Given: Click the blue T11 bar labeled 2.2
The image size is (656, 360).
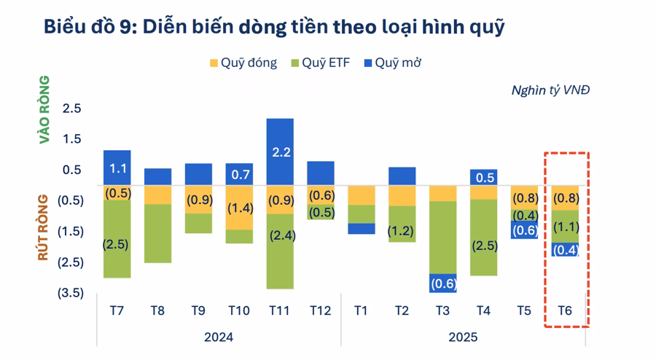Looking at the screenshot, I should [x=280, y=152].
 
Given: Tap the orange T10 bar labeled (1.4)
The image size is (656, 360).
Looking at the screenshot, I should [x=239, y=208].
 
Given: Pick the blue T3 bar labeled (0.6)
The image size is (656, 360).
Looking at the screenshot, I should [x=443, y=283].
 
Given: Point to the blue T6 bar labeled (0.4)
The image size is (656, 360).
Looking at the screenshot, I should [x=565, y=249].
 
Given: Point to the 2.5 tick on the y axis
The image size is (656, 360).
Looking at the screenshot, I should [x=71, y=109].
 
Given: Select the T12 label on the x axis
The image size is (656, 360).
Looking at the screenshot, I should [x=320, y=310].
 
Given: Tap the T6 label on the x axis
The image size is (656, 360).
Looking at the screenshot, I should [x=565, y=310].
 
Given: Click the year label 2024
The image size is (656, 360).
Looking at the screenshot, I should [x=219, y=337].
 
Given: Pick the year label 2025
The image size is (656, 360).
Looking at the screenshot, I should [x=464, y=337].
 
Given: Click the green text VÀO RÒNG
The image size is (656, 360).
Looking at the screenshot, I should [x=45, y=109].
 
